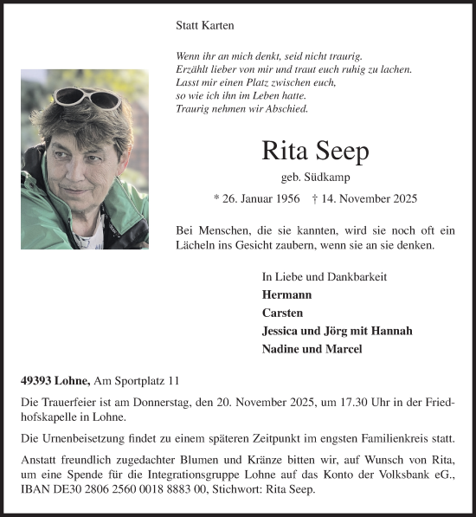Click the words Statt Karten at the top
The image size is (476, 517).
[x=204, y=27]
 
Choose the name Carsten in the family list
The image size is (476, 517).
[x=283, y=313]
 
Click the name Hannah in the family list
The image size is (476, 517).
[x=392, y=331]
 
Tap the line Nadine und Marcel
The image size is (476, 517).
[x=312, y=349]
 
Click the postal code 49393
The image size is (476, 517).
[x=39, y=380]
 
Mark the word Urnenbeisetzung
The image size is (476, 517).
[x=84, y=440]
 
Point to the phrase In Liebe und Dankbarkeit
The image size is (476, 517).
[x=324, y=276]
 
